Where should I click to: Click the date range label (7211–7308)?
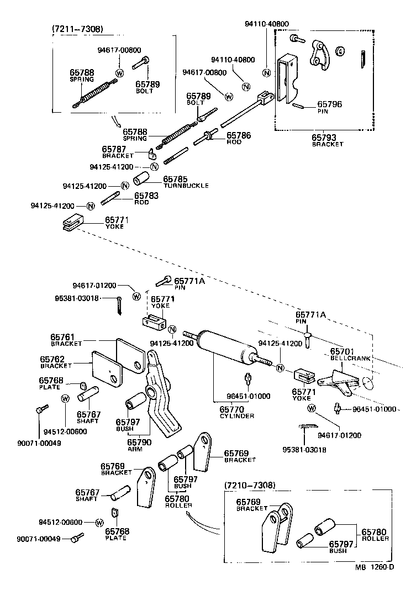click(x=77, y=29)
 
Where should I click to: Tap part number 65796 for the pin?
click(x=329, y=103)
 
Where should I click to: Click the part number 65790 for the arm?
click(x=139, y=441)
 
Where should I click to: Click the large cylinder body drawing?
click(x=227, y=348)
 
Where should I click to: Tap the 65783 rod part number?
click(x=146, y=195)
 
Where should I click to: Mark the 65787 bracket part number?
click(x=115, y=149)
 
